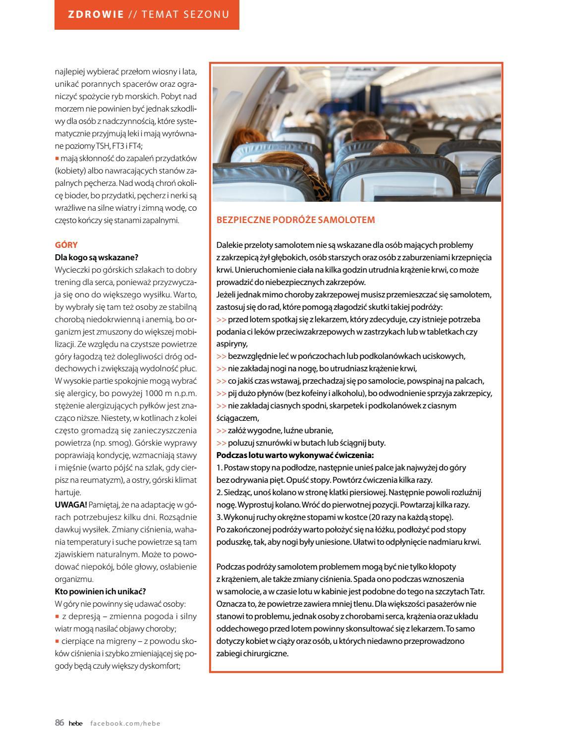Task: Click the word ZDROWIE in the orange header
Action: [96, 14]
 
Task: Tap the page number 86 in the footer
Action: [59, 723]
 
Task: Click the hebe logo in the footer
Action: [75, 723]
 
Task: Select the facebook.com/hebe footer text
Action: [125, 723]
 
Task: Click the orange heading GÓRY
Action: [66, 245]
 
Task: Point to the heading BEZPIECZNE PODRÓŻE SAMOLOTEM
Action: [295, 220]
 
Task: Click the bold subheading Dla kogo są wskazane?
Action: [96, 257]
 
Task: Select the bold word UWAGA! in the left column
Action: [71, 505]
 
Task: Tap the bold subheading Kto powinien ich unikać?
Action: [100, 591]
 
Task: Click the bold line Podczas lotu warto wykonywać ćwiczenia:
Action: [295, 455]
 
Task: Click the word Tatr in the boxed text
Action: [475, 591]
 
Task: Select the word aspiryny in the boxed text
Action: [231, 343]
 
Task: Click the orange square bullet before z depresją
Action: [57, 616]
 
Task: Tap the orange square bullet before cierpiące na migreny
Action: [57, 641]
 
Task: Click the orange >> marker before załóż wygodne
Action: [221, 430]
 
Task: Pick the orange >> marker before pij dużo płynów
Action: [221, 393]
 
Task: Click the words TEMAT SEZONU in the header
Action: [185, 14]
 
